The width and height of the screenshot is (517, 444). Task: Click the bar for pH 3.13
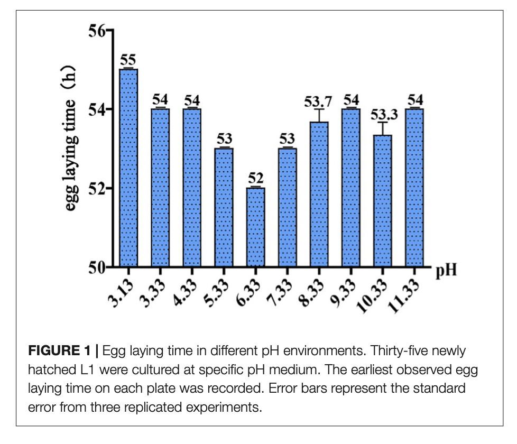pyautogui.click(x=128, y=168)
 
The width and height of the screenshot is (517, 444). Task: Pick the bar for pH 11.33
pyautogui.click(x=414, y=188)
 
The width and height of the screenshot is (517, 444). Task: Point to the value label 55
pyautogui.click(x=128, y=60)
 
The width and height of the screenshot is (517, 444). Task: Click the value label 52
pyautogui.click(x=255, y=178)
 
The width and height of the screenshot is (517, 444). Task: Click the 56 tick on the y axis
pyautogui.click(x=97, y=31)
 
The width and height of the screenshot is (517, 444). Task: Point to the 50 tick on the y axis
pyautogui.click(x=97, y=267)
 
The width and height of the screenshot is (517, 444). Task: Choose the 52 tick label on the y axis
pyautogui.click(x=97, y=188)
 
